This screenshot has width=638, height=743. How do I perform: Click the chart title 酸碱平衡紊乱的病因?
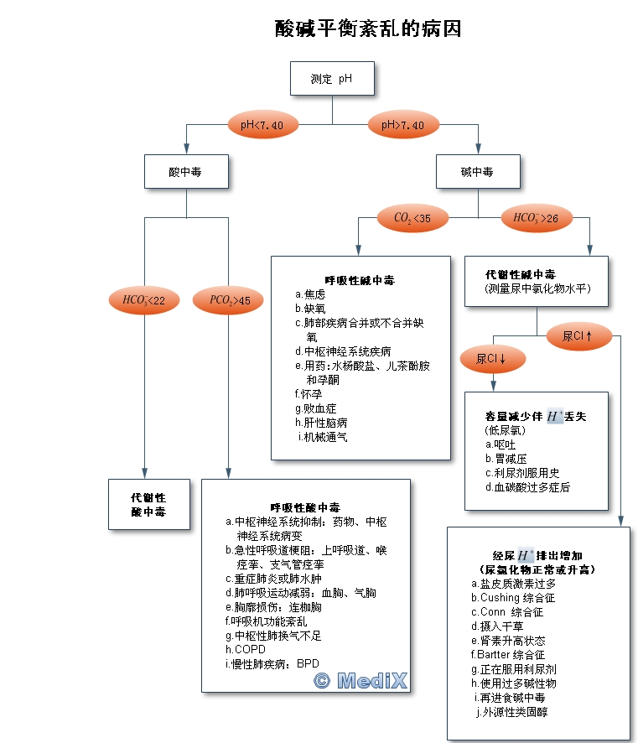[368, 29]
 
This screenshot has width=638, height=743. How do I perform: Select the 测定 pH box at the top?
[331, 80]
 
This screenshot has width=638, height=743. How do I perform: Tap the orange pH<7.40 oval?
[262, 125]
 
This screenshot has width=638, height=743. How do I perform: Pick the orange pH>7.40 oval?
[402, 125]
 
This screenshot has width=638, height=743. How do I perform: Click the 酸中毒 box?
[185, 172]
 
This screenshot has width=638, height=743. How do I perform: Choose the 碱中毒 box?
[477, 172]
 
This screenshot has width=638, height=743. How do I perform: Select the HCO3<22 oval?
[143, 299]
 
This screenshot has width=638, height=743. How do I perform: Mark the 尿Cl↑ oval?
[577, 336]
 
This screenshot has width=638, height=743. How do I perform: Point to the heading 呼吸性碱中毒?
[360, 280]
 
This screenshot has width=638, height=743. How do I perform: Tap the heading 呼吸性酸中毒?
[305, 507]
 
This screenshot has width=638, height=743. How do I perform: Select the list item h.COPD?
[243, 649]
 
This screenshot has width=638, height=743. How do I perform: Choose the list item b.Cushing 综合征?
[513, 598]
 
